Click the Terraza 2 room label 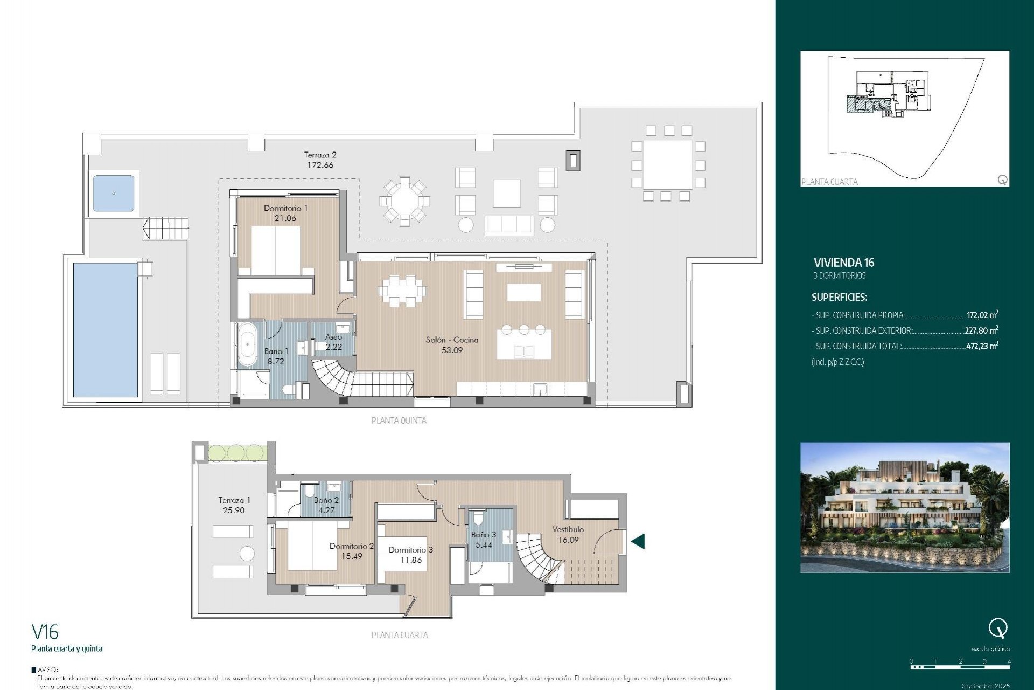pos(320,155)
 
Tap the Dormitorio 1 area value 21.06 pos(285,218)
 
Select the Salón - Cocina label pos(452,340)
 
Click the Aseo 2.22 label pos(333,342)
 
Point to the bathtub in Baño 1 pos(248,344)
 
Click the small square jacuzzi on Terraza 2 pos(114,193)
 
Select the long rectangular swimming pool pos(106,329)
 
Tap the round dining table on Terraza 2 pos(404,201)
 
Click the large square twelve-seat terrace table pos(668,164)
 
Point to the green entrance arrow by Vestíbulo pos(638,541)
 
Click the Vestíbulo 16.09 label pos(568,534)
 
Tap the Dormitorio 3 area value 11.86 pos(411,560)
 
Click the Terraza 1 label pos(234,500)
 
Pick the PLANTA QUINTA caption pos(399,420)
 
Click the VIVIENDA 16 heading pos(844,263)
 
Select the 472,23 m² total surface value pos(982,346)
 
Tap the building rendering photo pos(905,507)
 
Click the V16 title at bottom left pos(45,632)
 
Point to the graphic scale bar pos(960,667)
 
